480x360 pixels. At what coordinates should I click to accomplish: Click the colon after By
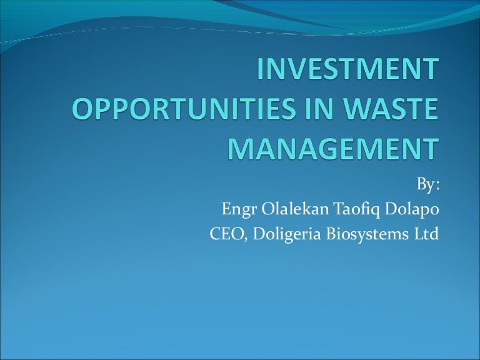[x=437, y=186]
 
